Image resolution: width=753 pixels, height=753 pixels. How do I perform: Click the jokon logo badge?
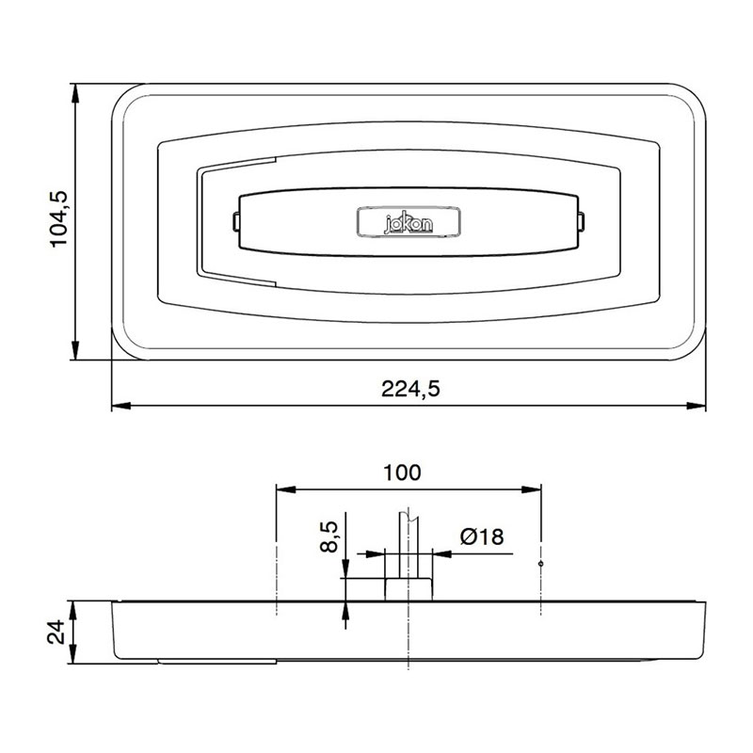click(x=408, y=223)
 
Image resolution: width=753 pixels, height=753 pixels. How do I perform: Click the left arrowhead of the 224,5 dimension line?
click(x=120, y=407)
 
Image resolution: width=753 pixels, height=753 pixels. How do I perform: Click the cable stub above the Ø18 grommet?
click(x=409, y=541)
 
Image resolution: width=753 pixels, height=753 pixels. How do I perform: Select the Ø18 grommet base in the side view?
click(x=409, y=588)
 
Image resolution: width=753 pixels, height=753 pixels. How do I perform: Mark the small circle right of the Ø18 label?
click(x=541, y=564)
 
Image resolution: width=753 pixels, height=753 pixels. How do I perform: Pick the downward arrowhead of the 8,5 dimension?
click(x=345, y=569)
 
